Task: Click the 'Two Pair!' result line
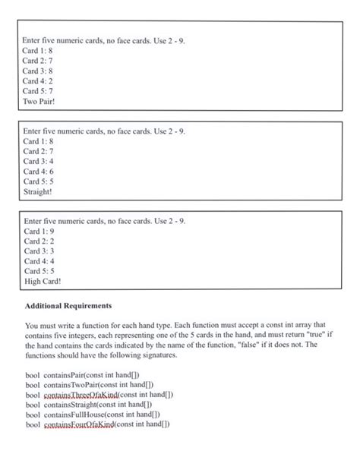38,101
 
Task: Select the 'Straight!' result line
37,192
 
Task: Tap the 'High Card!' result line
41,282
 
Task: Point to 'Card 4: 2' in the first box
37,80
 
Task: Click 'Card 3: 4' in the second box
37,161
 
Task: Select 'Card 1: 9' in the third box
37,231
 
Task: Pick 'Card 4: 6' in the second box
37,172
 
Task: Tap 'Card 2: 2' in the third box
37,241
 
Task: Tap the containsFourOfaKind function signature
107,424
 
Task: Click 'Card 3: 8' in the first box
37,71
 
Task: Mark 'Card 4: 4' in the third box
37,261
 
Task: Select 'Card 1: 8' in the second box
37,141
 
